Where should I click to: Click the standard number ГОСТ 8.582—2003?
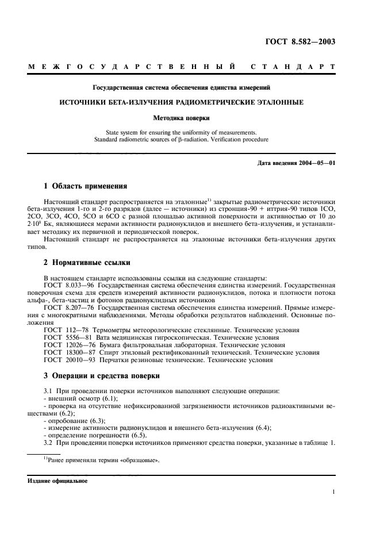point(308,41)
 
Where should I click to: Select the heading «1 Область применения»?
point(82,186)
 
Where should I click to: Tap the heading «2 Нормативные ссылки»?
point(87,262)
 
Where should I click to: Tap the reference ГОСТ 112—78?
point(67,330)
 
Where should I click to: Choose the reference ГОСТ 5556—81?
point(68,337)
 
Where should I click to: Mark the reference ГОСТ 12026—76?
point(70,345)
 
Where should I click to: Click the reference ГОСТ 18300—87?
point(70,352)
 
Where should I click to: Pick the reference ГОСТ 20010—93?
point(70,360)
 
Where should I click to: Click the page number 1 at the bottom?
point(333,491)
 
